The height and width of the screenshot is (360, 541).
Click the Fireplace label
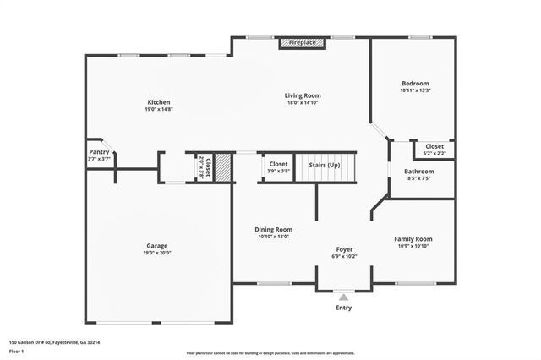pos(302,42)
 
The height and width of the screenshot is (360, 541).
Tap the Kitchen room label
pos(159,101)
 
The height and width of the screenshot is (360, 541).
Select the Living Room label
pos(302,95)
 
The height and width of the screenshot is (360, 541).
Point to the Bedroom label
pos(415,83)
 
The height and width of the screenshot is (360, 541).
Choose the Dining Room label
pos(274,229)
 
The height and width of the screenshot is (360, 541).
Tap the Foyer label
pos(344,249)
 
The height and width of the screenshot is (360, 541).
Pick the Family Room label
pos(413,239)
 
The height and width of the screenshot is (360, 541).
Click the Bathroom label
pos(419,172)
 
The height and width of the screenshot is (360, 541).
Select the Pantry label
pos(99,152)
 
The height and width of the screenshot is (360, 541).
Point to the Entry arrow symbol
pos(343,297)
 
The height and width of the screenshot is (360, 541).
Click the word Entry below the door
pos(343,308)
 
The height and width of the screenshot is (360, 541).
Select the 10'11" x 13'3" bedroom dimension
pos(415,90)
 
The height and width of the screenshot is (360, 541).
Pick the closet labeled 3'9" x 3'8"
pos(278,166)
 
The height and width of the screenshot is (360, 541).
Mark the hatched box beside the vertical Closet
pos(222,166)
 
